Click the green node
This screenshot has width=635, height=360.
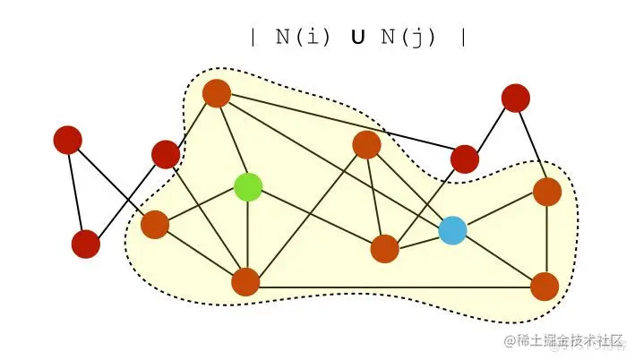pos(248,186)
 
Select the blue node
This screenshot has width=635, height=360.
pos(452,230)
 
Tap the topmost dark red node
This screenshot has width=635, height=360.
pos(516,98)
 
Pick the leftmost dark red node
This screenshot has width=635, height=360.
pos(67,140)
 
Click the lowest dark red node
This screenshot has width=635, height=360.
pos(85,244)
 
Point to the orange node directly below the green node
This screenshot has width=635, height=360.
pos(245,282)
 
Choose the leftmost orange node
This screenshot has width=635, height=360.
pos(155,225)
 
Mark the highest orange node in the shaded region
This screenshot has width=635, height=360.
pos(218,92)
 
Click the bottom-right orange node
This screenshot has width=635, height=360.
pos(545,287)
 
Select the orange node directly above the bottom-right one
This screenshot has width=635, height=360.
pos(547,192)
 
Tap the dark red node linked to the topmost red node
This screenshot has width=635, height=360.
pos(465,159)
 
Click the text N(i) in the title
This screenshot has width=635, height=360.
pos(302,38)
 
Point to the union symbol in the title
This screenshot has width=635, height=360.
pos(356,39)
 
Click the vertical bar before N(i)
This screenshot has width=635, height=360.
pos(254,38)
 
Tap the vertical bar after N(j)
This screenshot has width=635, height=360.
pos(461,38)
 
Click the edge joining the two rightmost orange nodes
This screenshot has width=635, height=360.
pos(546,239)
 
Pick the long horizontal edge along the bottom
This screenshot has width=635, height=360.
pos(394,287)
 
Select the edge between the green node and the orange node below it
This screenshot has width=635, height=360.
pos(247,235)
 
